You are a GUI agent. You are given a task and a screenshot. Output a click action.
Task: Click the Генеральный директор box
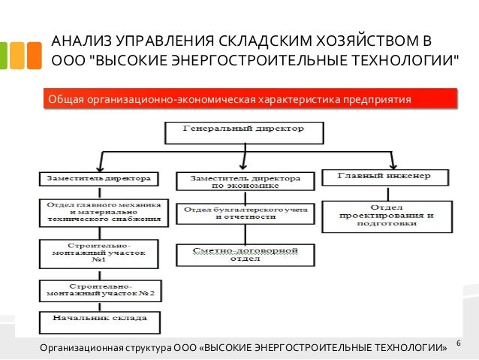click(244, 133)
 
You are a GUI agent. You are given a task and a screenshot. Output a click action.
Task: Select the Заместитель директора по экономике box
click(244, 181)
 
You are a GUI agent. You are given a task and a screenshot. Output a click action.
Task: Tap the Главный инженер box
click(387, 177)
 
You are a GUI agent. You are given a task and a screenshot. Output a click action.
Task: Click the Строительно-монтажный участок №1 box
click(98, 255)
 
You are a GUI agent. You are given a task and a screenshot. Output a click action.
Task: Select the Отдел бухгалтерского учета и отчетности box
click(244, 213)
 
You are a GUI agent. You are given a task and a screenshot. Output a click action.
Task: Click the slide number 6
click(458, 344)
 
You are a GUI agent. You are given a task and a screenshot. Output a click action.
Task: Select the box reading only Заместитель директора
click(98, 180)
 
